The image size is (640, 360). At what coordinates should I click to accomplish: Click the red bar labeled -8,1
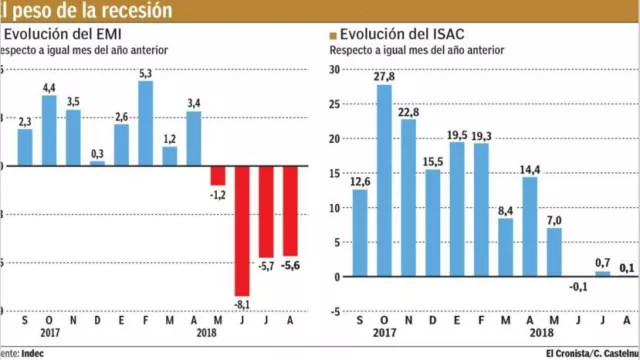click(242, 229)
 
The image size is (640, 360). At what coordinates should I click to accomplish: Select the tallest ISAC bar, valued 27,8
click(384, 181)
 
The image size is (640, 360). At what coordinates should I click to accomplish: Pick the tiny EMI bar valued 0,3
click(97, 162)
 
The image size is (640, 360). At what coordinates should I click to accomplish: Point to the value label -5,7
click(266, 267)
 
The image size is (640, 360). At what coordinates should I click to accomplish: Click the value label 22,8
click(408, 111)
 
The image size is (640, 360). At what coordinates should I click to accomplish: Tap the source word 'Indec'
click(32, 352)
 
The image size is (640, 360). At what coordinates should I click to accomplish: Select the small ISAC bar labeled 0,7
click(602, 273)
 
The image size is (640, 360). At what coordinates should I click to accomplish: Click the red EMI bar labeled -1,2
click(218, 175)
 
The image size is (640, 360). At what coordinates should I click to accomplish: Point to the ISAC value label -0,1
click(577, 286)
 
